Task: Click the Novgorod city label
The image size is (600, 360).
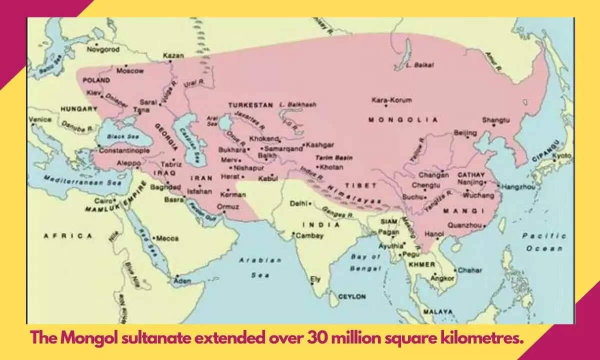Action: (x=103, y=49)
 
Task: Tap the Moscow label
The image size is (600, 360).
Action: (x=129, y=71)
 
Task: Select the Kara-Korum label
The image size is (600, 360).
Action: (x=391, y=100)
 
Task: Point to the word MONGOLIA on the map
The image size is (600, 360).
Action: (x=402, y=120)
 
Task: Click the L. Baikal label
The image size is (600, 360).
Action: (x=419, y=65)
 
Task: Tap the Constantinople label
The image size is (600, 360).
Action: (x=124, y=150)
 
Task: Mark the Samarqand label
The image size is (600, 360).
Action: (x=283, y=148)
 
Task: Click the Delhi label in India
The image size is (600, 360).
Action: (x=299, y=203)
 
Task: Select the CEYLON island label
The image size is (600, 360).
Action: (x=352, y=296)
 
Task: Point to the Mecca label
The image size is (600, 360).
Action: (x=167, y=238)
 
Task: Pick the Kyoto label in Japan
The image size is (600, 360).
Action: (x=561, y=155)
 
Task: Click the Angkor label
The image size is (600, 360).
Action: (x=442, y=277)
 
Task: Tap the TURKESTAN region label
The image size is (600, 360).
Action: (x=250, y=105)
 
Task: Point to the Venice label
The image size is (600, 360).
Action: (x=40, y=119)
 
